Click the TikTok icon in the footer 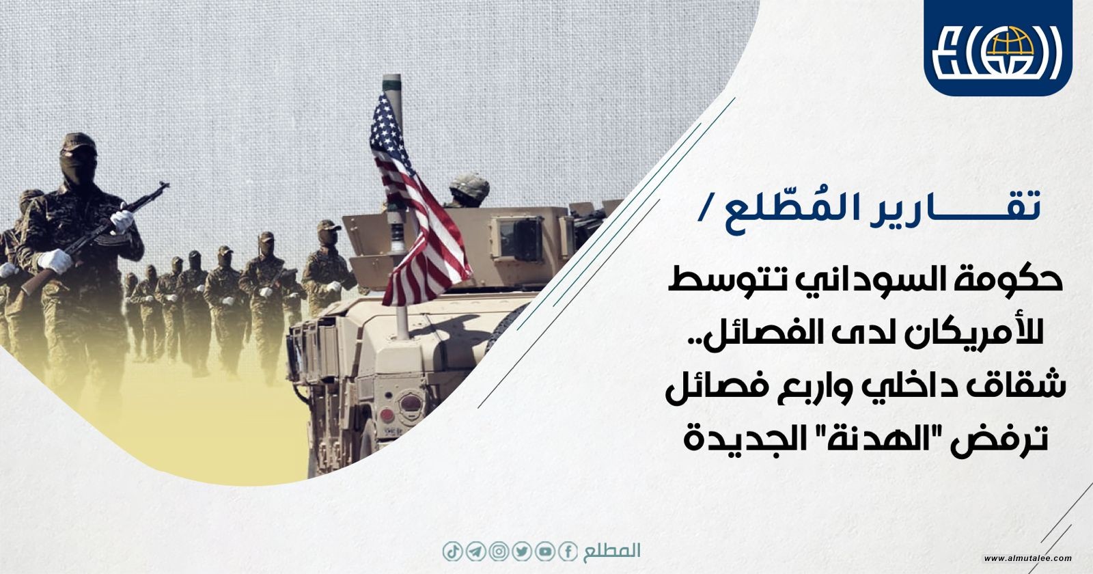pyautogui.click(x=452, y=551)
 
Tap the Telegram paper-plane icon pyautogui.click(x=475, y=551)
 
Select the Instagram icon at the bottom pyautogui.click(x=499, y=551)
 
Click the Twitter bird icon pyautogui.click(x=522, y=551)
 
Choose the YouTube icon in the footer pyautogui.click(x=544, y=551)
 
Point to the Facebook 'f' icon pyautogui.click(x=568, y=551)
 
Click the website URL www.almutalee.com pyautogui.click(x=1027, y=558)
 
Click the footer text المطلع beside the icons pyautogui.click(x=611, y=551)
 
